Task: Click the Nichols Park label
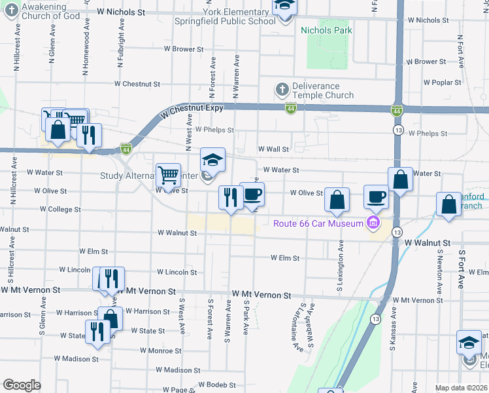(x=326, y=30)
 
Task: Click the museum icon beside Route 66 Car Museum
(x=373, y=224)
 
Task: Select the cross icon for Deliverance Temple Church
(x=282, y=88)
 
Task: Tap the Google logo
(x=22, y=385)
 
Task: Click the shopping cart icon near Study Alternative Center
(x=169, y=175)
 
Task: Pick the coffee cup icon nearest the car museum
(x=375, y=196)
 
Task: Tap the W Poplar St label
(x=442, y=83)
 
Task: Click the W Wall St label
(x=273, y=149)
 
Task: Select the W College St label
(x=60, y=210)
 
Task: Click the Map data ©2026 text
(x=461, y=388)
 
